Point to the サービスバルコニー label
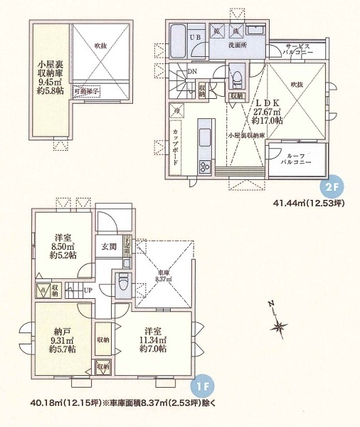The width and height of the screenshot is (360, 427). pos(300,48)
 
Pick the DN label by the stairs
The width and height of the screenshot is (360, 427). pos(192,72)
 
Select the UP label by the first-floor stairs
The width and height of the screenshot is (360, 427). pos(87,290)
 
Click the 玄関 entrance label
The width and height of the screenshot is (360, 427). pos(109,247)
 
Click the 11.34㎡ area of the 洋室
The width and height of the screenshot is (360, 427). pos(153,340)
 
